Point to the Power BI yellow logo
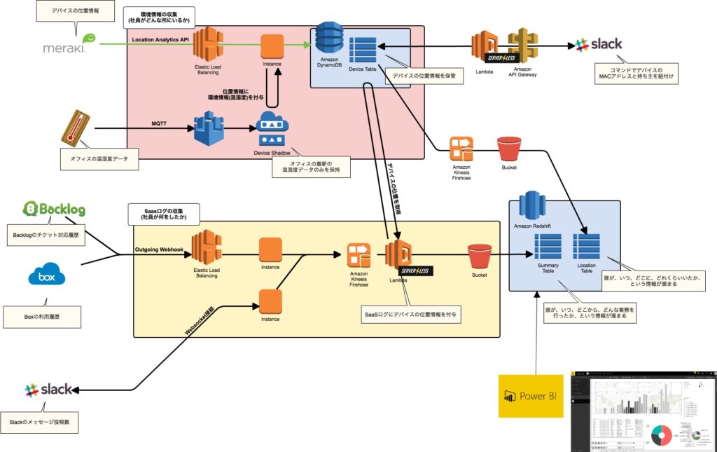[x=531, y=396]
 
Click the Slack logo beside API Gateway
[x=599, y=45]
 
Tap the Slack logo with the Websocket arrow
[x=48, y=390]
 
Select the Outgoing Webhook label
[x=158, y=249]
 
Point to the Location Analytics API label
[x=160, y=40]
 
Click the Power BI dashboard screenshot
[x=642, y=409]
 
